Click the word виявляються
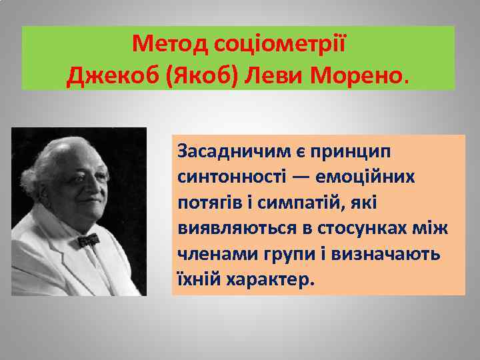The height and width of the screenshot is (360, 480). tap(233, 228)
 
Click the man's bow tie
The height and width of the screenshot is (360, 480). tap(87, 239)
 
